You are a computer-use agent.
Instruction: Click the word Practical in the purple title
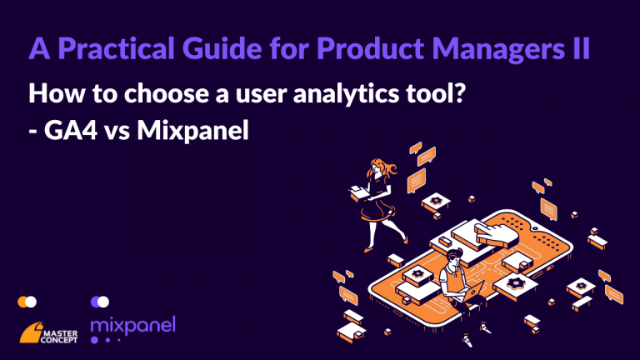point(116,48)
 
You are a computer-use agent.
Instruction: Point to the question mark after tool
point(460,92)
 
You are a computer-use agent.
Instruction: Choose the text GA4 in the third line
point(71,131)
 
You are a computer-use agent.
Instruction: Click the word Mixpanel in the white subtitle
point(192,132)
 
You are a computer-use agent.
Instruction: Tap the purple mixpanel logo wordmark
point(133,325)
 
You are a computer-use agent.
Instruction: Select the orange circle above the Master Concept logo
point(22,302)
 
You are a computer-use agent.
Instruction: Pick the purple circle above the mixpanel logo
point(96,302)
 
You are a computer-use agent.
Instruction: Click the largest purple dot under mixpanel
point(94,340)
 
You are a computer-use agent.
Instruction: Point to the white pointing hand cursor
point(496,235)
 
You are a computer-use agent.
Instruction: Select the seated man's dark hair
point(453,256)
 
